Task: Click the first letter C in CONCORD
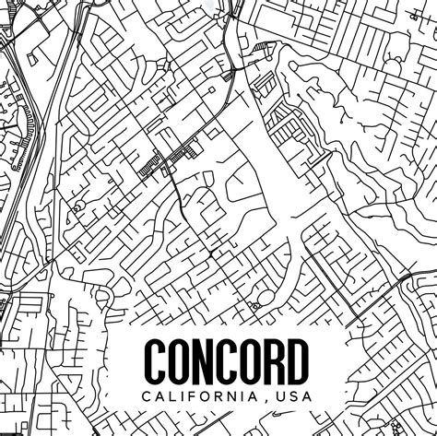(x=155, y=361)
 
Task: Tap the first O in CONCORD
(x=179, y=361)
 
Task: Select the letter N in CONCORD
(x=204, y=361)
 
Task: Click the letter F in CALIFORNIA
(x=195, y=397)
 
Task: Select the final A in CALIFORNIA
(x=257, y=397)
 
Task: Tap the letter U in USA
(x=279, y=397)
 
